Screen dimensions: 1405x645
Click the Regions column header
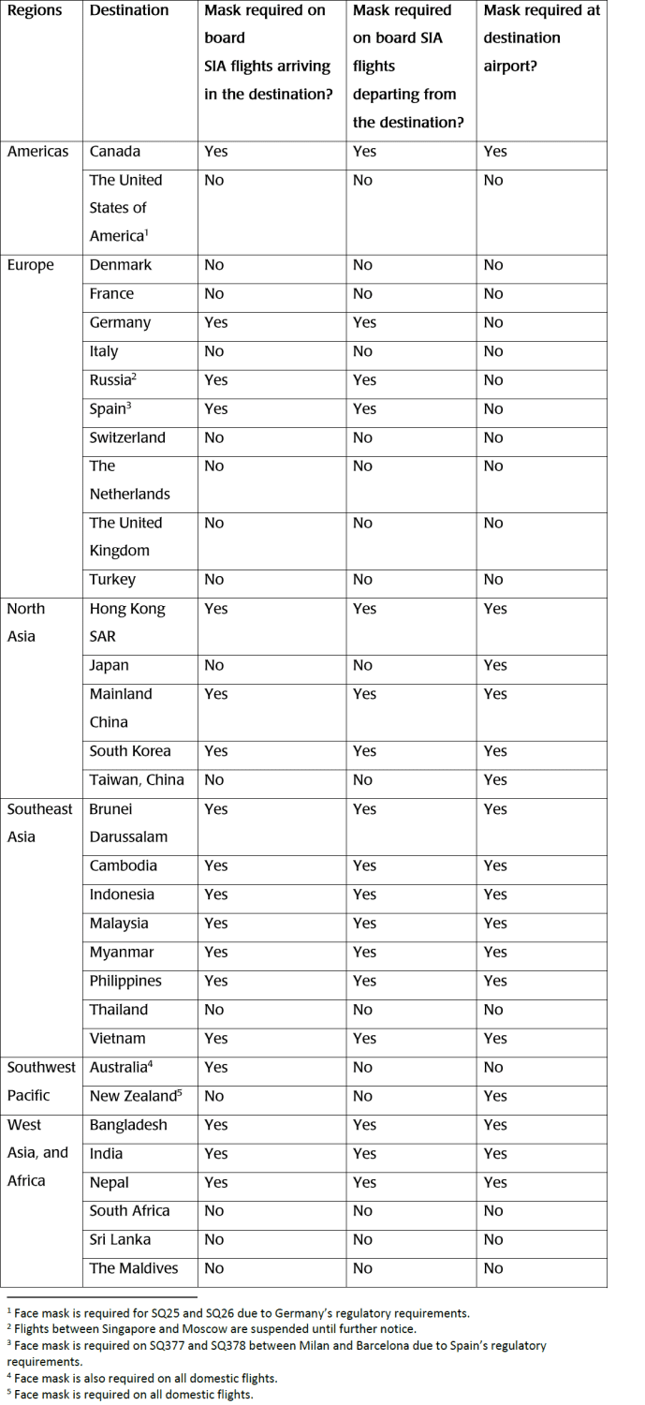pyautogui.click(x=35, y=10)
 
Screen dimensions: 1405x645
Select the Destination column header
pyautogui.click(x=129, y=10)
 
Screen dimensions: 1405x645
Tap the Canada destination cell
pyautogui.click(x=115, y=152)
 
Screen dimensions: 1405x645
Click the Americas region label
pyautogui.click(x=37, y=152)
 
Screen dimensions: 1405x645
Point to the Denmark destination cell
pyautogui.click(x=121, y=265)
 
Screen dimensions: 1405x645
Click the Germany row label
pyautogui.click(x=120, y=322)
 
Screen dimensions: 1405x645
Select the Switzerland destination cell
pyautogui.click(x=127, y=437)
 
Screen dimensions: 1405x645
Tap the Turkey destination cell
pyautogui.click(x=112, y=580)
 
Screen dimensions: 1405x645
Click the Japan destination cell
pyautogui.click(x=110, y=665)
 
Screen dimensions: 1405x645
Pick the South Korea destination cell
pyautogui.click(x=130, y=751)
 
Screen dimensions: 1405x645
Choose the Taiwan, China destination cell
pyautogui.click(x=137, y=779)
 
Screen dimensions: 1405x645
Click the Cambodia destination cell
pyautogui.click(x=124, y=865)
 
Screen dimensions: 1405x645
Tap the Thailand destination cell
pyautogui.click(x=119, y=1010)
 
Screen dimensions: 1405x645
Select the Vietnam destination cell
pyautogui.click(x=117, y=1038)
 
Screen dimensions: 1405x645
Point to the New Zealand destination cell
pyautogui.click(x=133, y=1096)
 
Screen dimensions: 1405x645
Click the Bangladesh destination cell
pyautogui.click(x=128, y=1125)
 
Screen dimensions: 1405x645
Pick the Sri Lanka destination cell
pyautogui.click(x=121, y=1239)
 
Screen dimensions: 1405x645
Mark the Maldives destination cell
pyautogui.click(x=133, y=1268)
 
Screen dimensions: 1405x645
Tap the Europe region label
pyautogui.click(x=31, y=265)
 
